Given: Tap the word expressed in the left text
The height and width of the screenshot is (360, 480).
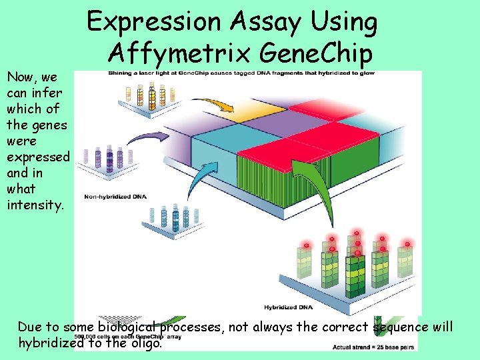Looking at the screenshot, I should (x=37, y=157).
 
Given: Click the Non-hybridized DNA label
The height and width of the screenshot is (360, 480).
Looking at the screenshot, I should (x=112, y=197).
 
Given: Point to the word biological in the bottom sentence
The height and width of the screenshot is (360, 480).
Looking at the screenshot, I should (x=129, y=327).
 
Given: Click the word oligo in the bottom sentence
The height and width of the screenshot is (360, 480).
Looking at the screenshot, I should (x=145, y=343).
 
